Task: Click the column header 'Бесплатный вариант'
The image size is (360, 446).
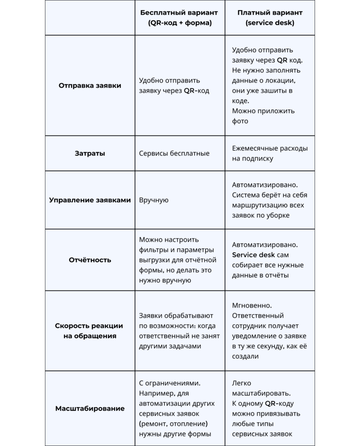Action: pos(180,13)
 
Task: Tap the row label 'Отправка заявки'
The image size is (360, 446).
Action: pos(90,85)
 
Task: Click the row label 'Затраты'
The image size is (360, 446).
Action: pos(90,153)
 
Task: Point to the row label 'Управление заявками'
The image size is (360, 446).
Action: pos(90,200)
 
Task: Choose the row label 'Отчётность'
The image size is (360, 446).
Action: pos(90,260)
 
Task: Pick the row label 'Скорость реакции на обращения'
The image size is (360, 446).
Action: pos(90,331)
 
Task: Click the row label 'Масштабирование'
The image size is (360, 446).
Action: pos(90,409)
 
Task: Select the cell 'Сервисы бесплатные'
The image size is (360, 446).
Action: pos(174,153)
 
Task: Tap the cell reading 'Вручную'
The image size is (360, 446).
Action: pos(154,200)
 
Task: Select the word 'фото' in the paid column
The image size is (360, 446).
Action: pos(240,121)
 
